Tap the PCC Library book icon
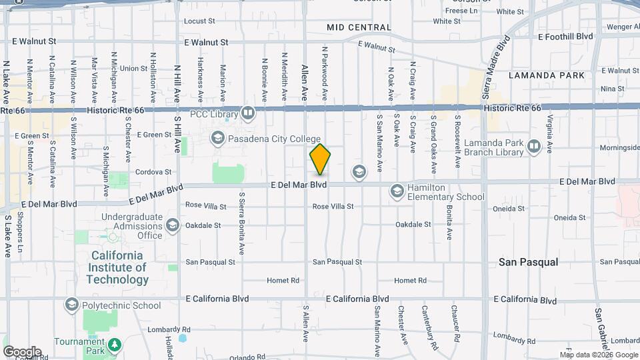248,113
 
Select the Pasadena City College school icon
217,139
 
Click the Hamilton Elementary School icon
397,191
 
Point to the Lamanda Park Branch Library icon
533,146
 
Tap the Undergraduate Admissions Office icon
173,225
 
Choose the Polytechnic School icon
71,305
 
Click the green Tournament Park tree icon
115,345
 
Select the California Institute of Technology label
117,268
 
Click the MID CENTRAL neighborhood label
359,27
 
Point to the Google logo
22,351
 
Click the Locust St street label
198,21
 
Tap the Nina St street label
612,88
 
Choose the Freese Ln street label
461,11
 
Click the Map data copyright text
598,354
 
